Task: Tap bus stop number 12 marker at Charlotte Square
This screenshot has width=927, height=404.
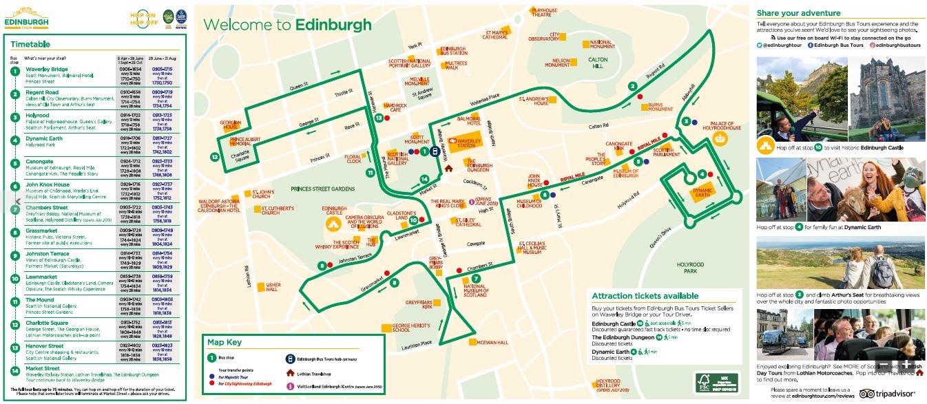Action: pyautogui.click(x=216, y=157)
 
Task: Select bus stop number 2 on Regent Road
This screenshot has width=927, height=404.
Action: pyautogui.click(x=632, y=86)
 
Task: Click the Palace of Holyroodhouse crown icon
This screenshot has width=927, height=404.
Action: pyautogui.click(x=721, y=139)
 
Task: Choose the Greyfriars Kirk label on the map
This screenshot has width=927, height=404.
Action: pyautogui.click(x=418, y=305)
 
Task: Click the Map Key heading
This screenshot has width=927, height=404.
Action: pyautogui.click(x=225, y=343)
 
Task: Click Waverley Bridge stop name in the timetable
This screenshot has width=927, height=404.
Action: pyautogui.click(x=47, y=70)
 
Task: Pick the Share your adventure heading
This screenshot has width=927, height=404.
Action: pyautogui.click(x=798, y=12)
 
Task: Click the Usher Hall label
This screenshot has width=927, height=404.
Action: pyautogui.click(x=273, y=286)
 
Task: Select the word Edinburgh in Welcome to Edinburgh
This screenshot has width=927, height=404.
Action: pyautogui.click(x=333, y=25)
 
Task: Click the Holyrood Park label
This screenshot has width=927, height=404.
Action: pyautogui.click(x=689, y=267)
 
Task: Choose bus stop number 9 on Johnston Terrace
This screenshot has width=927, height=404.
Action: pyautogui.click(x=322, y=266)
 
